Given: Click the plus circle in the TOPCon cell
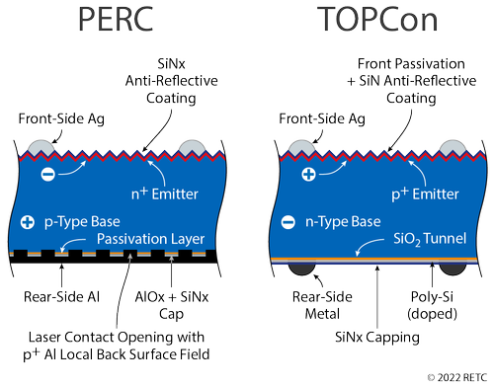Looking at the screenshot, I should point(306,174).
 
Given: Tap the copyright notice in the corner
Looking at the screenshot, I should point(457,377).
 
